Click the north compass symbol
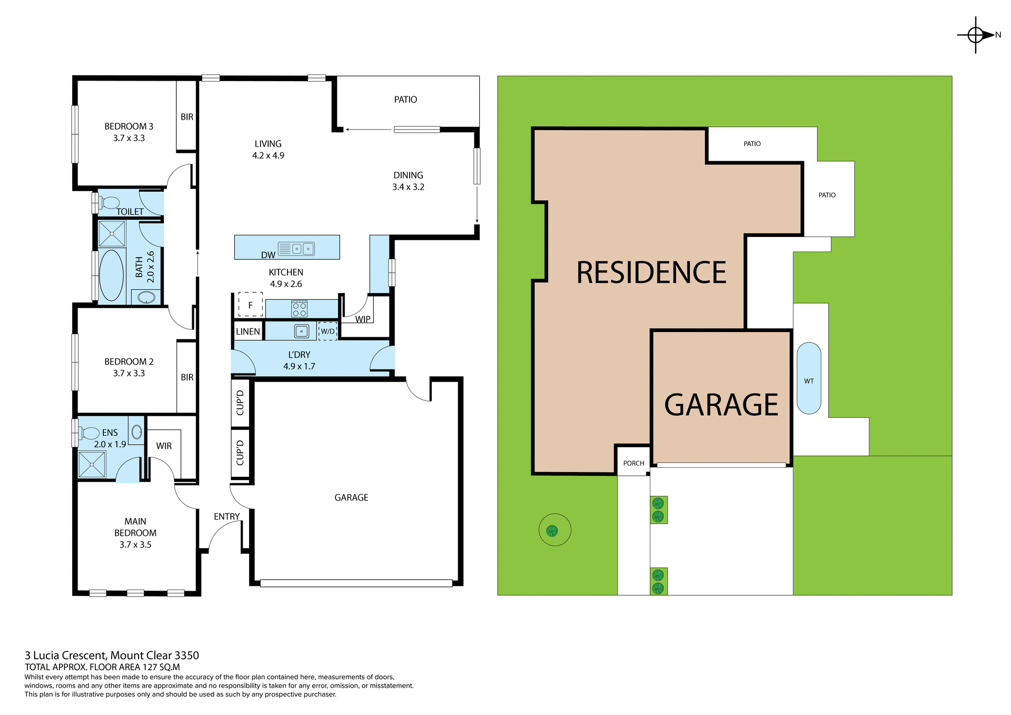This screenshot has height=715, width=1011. click(976, 35)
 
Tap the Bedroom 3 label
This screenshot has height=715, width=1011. click(128, 126)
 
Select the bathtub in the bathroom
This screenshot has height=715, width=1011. click(111, 275)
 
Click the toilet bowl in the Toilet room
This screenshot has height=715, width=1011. click(110, 202)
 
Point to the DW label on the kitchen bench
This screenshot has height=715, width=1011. click(268, 255)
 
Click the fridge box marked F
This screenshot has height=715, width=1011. click(250, 305)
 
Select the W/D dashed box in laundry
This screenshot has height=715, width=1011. click(328, 331)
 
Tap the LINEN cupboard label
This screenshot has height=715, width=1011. click(247, 331)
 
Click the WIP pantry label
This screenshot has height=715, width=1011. click(362, 319)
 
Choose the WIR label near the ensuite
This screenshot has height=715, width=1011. click(164, 446)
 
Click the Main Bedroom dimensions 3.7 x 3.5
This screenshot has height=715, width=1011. click(135, 545)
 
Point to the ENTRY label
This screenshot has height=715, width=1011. click(227, 516)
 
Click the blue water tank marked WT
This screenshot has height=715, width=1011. click(809, 378)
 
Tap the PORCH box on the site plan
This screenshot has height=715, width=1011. click(633, 463)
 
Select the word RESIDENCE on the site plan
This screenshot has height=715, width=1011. click(651, 273)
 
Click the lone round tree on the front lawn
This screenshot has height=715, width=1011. click(552, 530)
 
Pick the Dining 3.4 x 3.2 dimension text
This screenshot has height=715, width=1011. click(408, 187)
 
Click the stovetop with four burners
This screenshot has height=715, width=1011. click(299, 309)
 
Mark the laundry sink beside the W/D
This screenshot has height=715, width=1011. click(301, 331)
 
